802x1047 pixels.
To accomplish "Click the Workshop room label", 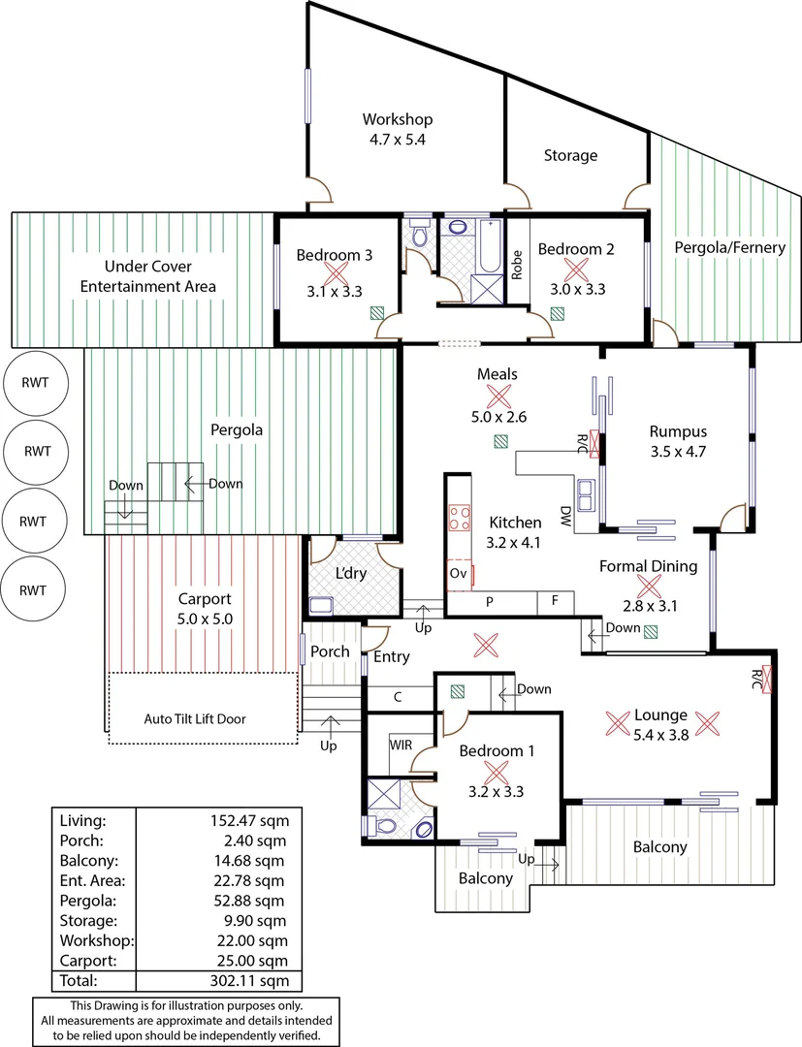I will click(x=398, y=119).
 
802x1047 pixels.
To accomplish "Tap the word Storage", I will click(x=570, y=155).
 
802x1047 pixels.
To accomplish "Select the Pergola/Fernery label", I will click(x=729, y=247).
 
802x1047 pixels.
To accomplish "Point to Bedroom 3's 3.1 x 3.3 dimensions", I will click(x=335, y=290).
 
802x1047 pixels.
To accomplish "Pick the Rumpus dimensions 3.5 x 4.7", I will click(x=678, y=451).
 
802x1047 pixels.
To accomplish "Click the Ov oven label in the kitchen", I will click(x=459, y=574).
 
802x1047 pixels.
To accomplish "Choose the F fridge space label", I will click(x=555, y=601).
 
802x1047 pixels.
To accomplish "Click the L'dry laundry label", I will click(x=350, y=573).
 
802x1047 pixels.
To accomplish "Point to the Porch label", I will click(x=330, y=651).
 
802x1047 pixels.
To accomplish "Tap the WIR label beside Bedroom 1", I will click(x=402, y=746).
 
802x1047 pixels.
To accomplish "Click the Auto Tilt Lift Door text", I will click(x=204, y=719).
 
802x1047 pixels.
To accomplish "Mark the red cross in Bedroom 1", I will click(x=497, y=773).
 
